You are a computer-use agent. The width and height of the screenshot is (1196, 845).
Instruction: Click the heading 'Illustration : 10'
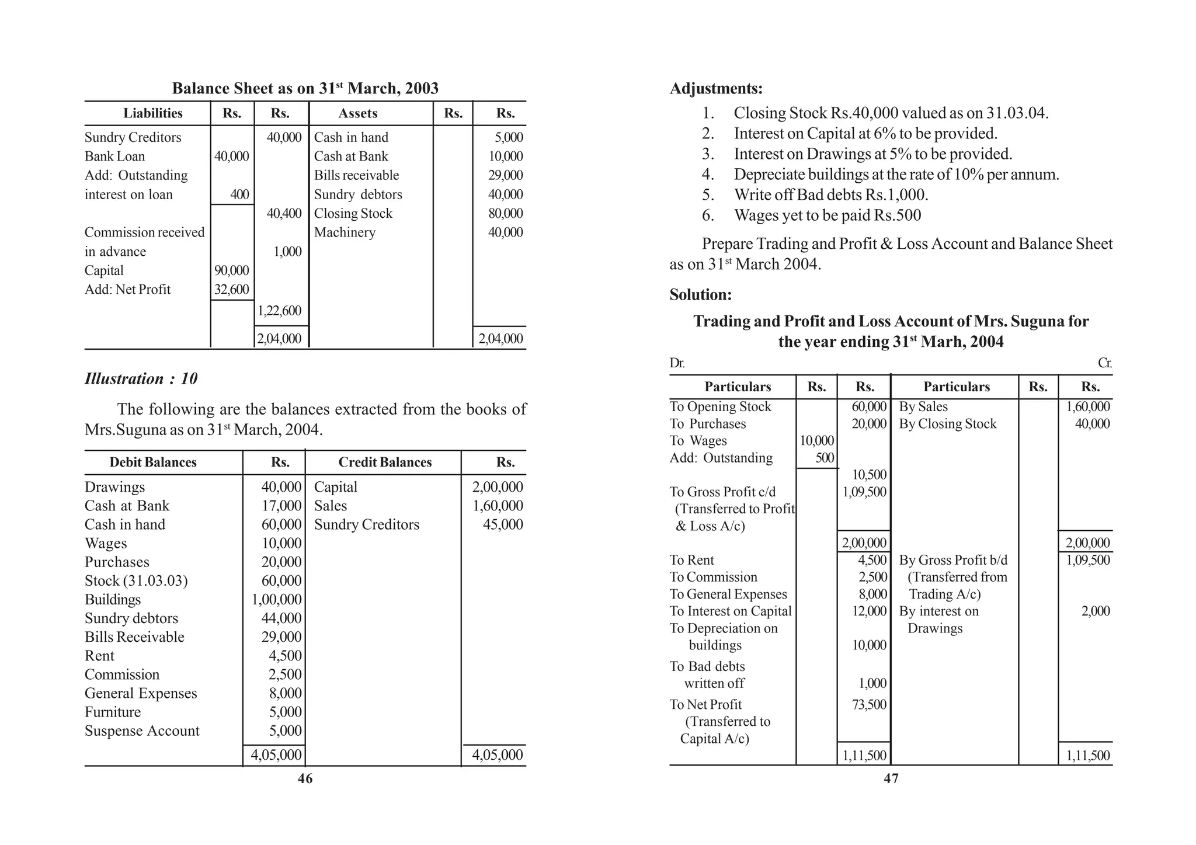click(141, 379)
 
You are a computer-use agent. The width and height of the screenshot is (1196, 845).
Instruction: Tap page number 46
click(305, 778)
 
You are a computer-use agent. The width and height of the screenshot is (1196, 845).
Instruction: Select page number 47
click(891, 778)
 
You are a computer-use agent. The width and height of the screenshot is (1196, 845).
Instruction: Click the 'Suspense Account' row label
click(142, 731)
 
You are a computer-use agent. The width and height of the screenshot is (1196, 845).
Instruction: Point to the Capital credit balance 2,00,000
click(497, 487)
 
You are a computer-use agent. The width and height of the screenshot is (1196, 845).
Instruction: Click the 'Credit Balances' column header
click(385, 463)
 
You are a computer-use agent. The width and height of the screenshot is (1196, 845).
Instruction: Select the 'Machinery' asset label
click(345, 232)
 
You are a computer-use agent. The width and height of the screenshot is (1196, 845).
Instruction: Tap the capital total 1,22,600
click(280, 311)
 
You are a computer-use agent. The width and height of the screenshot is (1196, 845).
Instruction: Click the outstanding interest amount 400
click(239, 194)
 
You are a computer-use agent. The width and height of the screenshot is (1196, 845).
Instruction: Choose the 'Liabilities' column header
click(152, 113)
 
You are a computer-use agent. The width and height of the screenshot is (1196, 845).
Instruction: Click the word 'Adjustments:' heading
click(716, 89)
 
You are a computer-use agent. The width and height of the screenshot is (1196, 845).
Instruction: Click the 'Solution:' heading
click(700, 294)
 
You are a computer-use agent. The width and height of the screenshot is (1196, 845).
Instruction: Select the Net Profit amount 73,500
click(869, 705)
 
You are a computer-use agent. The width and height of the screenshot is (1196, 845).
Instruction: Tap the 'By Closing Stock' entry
click(947, 424)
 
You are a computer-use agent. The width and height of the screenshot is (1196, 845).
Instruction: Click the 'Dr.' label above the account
click(677, 363)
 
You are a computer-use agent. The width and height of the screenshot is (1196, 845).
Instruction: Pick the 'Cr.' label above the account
click(1104, 363)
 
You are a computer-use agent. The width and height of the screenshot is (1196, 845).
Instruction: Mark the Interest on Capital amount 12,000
click(869, 611)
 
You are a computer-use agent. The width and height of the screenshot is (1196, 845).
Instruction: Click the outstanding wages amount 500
click(825, 458)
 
